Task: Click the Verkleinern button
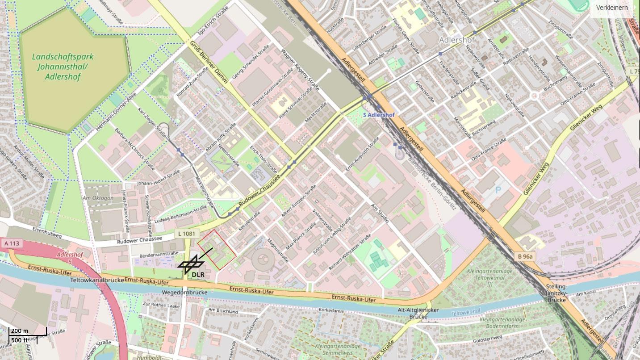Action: click(611, 8)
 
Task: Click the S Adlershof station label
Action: click(379, 115)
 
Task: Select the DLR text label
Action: click(198, 274)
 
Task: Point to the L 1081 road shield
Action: click(185, 233)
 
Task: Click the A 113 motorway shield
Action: click(12, 243)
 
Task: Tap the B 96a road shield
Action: click(526, 256)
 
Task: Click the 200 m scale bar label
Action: click(19, 331)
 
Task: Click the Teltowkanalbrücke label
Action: click(97, 280)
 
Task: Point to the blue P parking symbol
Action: click(498, 190)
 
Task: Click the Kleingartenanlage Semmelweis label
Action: click(337, 350)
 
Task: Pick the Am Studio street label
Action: click(380, 213)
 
